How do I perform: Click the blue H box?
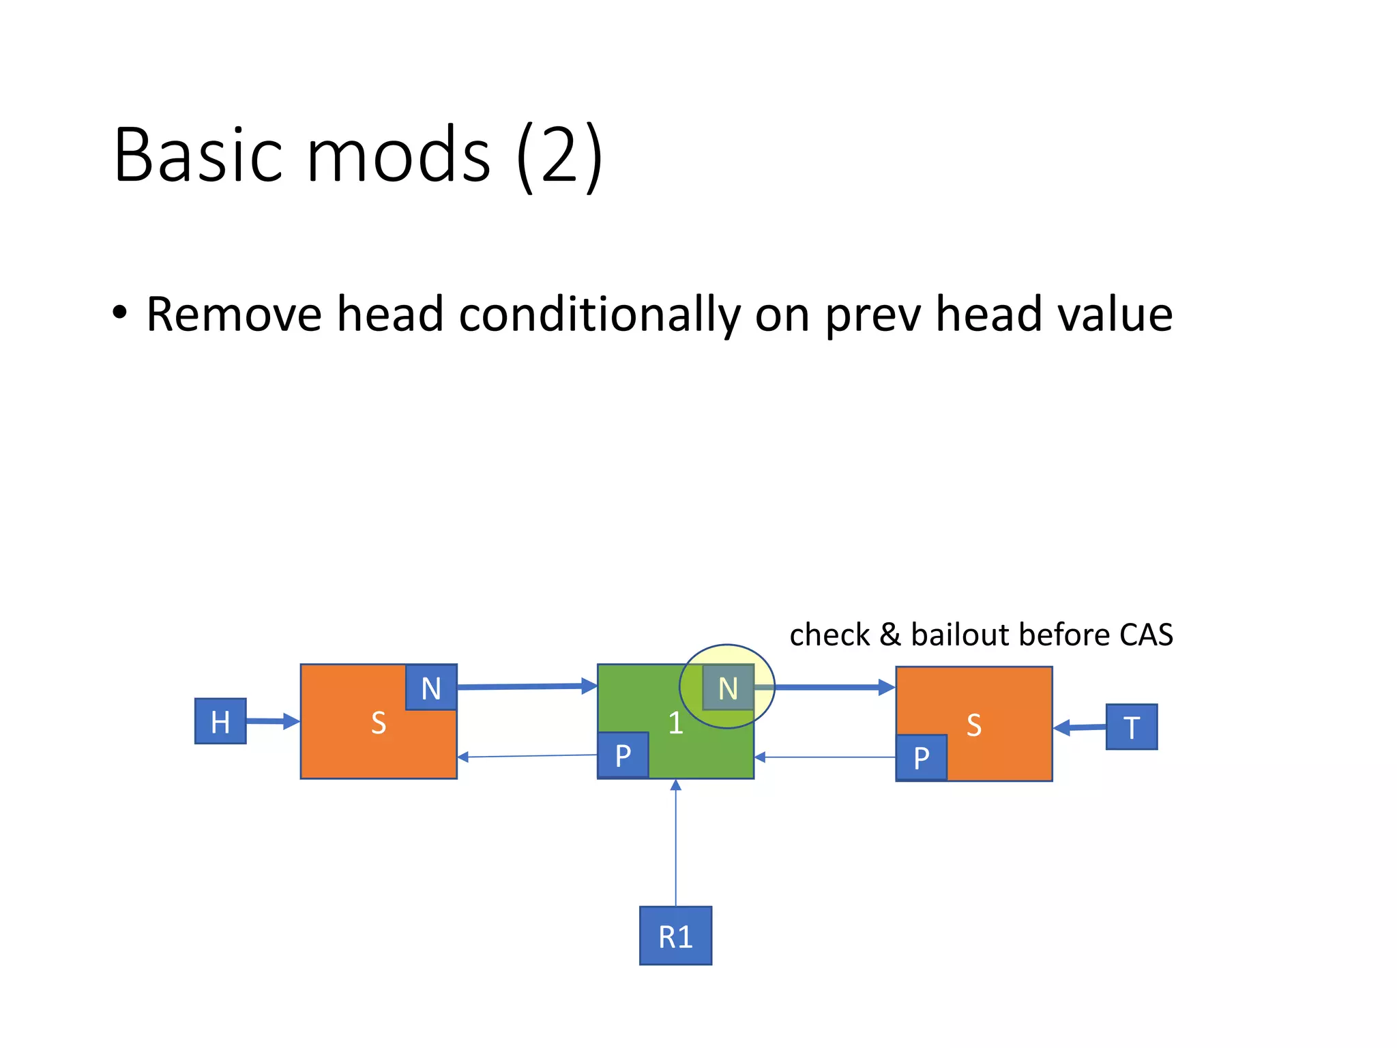(x=220, y=721)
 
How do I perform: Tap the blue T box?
(x=1131, y=727)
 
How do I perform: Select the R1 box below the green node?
(x=675, y=935)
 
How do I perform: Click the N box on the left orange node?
(x=431, y=687)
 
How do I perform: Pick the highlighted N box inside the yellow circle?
(x=728, y=687)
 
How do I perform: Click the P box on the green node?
(x=623, y=755)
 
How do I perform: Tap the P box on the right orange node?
(x=921, y=757)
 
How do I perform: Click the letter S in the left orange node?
(x=379, y=723)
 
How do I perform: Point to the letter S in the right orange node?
(x=974, y=725)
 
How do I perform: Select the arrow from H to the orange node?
(x=272, y=721)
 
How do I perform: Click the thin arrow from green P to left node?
(x=527, y=756)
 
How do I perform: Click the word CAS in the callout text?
(x=1146, y=635)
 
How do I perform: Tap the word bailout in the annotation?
(x=961, y=635)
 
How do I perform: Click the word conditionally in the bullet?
(x=600, y=315)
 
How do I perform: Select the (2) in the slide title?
(x=559, y=156)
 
